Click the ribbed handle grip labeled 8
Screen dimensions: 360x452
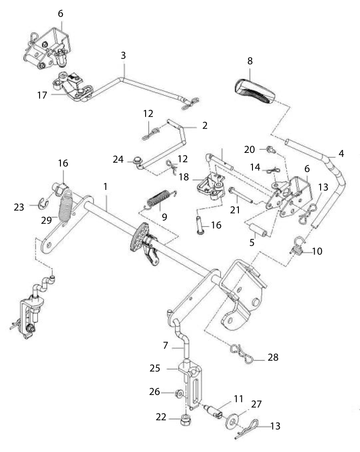254,90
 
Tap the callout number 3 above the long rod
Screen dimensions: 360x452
123,55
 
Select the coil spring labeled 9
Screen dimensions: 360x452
159,199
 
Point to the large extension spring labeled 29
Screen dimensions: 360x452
66,206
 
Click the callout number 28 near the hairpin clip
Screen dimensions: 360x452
273,357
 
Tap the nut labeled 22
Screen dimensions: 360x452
185,420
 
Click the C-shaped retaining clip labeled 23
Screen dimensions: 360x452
43,204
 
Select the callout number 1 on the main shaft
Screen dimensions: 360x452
106,187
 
